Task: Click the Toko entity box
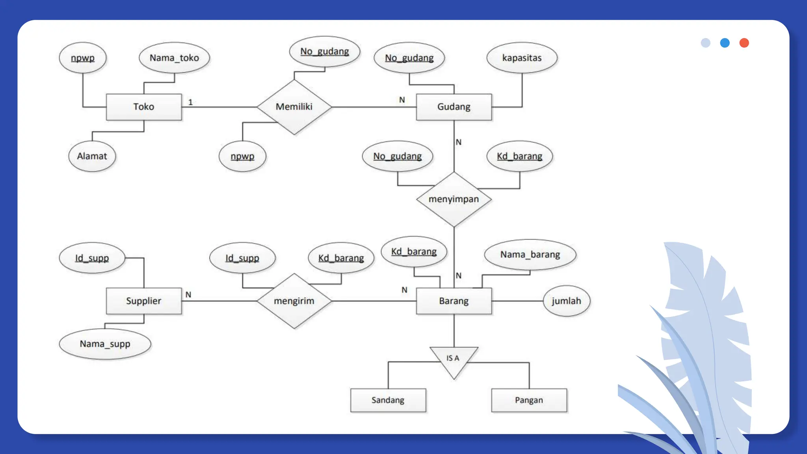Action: [x=144, y=107]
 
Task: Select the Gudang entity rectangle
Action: [x=454, y=107]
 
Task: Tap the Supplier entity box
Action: [x=144, y=301]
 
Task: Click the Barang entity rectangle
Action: [x=454, y=301]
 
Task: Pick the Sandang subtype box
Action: [x=388, y=400]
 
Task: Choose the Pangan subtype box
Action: [x=529, y=400]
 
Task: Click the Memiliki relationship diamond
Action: [x=294, y=107]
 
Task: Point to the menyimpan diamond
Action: [x=454, y=199]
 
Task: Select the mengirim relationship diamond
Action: [x=294, y=301]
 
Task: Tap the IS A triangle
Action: [x=454, y=359]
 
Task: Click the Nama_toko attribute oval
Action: [x=174, y=58]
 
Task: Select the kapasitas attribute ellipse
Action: [x=522, y=58]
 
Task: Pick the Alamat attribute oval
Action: [x=92, y=156]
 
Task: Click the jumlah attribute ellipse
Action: [x=566, y=301]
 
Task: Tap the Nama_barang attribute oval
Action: [x=530, y=255]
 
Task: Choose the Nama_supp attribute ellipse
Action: [x=105, y=344]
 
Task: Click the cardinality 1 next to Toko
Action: [x=190, y=102]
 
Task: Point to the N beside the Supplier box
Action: [x=188, y=294]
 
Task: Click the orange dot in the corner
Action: [x=744, y=43]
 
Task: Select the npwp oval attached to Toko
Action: [x=83, y=58]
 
